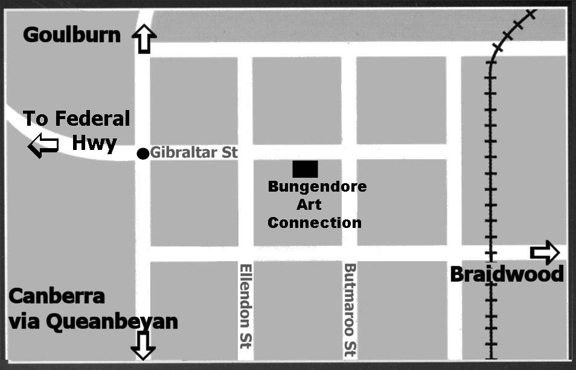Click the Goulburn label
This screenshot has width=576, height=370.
pos(71,35)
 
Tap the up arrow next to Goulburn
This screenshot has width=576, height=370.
pos(144,39)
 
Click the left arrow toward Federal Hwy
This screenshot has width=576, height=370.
pos(43,146)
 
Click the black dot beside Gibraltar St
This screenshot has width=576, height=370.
pos(142,154)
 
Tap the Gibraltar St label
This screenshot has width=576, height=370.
pos(194,152)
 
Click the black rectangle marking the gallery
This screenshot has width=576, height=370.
pos(305,169)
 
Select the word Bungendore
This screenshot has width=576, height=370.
pos(317,186)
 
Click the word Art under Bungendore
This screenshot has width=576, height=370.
pos(309,204)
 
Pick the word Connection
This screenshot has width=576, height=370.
pos(315,222)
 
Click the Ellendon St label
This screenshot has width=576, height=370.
pos(245,306)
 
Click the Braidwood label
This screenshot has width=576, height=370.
pos(507,274)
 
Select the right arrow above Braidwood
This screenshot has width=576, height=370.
pos(545,252)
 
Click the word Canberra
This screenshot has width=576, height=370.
pos(57,297)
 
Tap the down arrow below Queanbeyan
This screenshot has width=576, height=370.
pos(143,345)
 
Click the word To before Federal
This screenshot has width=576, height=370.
pos(36,118)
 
